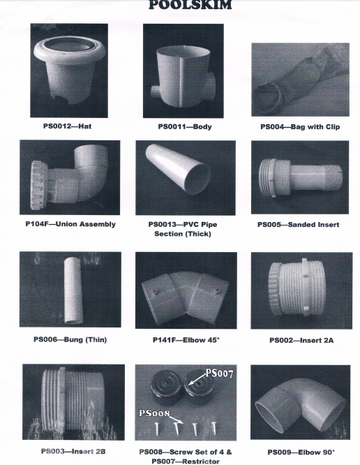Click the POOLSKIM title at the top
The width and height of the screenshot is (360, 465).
coord(190,5)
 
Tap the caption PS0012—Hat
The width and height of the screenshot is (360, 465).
coord(67,126)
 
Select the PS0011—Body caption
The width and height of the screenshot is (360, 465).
coord(185,126)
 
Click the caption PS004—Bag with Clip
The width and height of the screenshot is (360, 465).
coord(300,126)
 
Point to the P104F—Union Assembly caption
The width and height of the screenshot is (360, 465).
coord(70,224)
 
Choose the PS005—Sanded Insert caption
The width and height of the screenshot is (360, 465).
coord(298,225)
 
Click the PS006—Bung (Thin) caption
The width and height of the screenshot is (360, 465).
coord(70,339)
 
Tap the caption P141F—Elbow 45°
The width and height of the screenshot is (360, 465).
coord(186,340)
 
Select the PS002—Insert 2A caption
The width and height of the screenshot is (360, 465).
coord(301,340)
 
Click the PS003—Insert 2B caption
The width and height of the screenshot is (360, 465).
coord(73,451)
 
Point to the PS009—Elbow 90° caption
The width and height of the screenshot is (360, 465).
coord(301,452)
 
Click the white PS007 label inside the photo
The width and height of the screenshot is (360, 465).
coord(219,373)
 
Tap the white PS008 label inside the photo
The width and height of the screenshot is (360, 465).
coord(154,413)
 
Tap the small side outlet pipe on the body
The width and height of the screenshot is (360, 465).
coord(156,92)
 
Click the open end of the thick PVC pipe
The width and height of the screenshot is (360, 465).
coord(197,179)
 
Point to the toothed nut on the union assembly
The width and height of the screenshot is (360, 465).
coord(38,185)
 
